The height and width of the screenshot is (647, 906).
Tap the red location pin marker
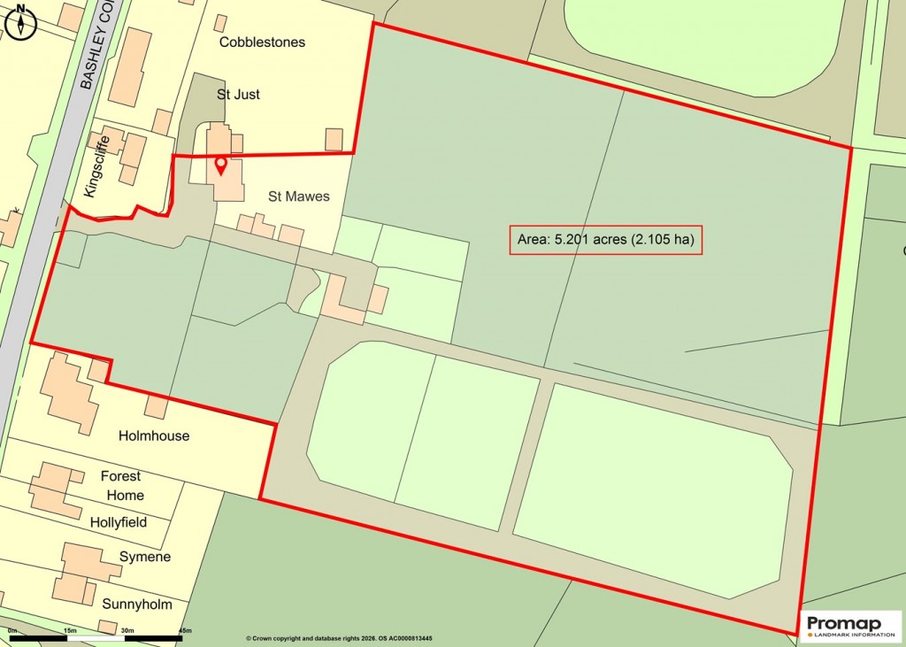point(221,166)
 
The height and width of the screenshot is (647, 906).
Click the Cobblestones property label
point(262,42)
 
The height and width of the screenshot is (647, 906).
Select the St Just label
point(238,94)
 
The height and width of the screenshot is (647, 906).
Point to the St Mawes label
point(299,196)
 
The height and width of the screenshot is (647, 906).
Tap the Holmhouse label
point(154,435)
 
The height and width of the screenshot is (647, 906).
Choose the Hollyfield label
point(119,522)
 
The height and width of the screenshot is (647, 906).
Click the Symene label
point(145,557)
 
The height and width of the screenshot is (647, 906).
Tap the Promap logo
point(850,625)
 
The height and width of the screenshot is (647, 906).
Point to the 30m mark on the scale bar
point(127,631)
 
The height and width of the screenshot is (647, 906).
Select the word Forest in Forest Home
point(121,475)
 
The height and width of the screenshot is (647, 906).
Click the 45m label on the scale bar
point(185,631)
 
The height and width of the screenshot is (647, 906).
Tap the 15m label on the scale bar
point(69,631)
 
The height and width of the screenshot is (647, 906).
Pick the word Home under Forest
point(125,495)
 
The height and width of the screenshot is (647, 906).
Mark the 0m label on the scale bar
point(12,631)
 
